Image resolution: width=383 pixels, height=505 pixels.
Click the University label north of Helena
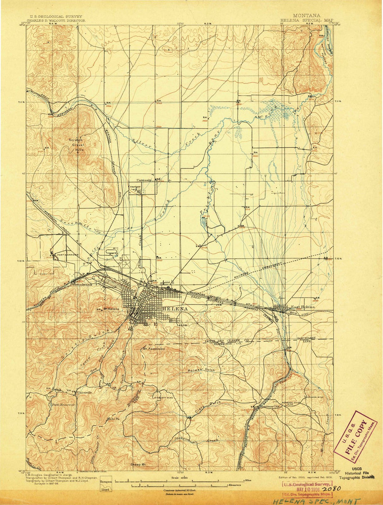(145, 180)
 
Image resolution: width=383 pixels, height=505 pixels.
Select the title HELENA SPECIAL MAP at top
(307, 20)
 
